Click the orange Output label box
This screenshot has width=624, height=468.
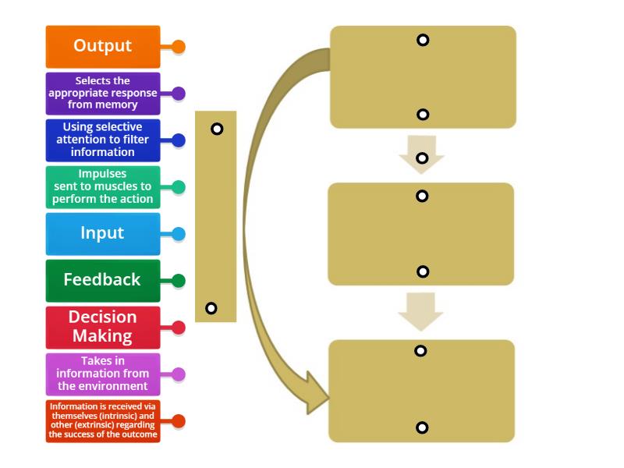tap(103, 46)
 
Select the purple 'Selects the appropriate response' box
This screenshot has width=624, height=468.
tap(103, 93)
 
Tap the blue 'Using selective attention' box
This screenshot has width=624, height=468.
tap(103, 140)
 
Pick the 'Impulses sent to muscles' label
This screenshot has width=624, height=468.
tap(103, 187)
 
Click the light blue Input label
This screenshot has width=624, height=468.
tap(103, 233)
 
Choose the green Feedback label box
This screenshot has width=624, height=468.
tap(103, 280)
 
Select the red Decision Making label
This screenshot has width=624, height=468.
tap(103, 327)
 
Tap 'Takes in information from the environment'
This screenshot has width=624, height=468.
tap(103, 374)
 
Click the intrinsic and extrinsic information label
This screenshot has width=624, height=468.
tap(103, 421)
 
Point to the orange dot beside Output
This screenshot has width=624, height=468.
tap(179, 47)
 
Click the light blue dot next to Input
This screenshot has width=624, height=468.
tap(179, 234)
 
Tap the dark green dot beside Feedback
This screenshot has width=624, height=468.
tap(179, 281)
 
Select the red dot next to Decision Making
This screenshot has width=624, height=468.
tap(179, 328)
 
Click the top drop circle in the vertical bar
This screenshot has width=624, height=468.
tap(217, 129)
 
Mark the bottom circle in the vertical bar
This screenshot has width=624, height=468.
tap(211, 308)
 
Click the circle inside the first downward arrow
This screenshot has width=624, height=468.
tap(422, 158)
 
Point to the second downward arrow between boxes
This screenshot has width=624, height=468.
tap(421, 310)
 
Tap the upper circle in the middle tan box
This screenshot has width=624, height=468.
tap(422, 196)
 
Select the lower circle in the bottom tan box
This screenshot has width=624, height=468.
tap(422, 427)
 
